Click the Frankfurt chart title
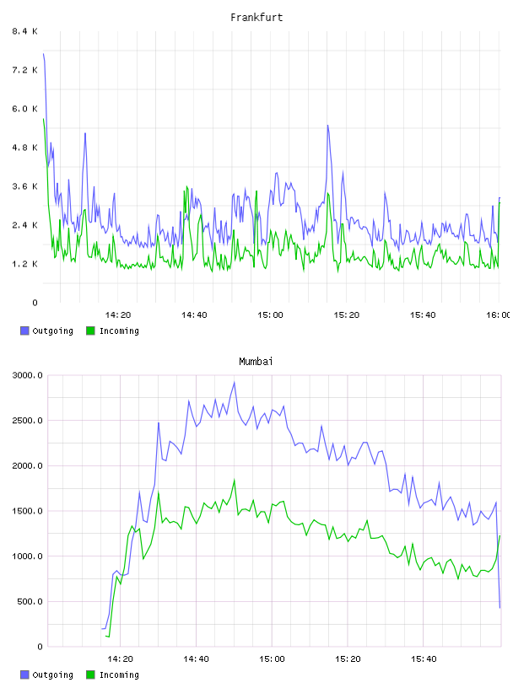(256, 18)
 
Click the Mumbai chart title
(256, 362)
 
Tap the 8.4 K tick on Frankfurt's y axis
(25, 31)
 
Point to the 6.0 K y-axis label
(25, 109)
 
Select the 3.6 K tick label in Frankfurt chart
(25, 186)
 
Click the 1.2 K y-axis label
(25, 264)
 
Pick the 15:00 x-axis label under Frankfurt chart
(270, 315)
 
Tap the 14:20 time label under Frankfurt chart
(118, 315)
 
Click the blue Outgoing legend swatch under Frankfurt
(24, 331)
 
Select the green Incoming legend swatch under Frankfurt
(90, 331)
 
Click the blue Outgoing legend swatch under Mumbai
(24, 675)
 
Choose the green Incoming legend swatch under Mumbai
(90, 675)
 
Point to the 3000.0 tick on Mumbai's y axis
(28, 375)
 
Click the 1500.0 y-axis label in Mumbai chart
(28, 511)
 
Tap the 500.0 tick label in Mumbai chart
(30, 601)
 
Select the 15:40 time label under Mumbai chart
(424, 659)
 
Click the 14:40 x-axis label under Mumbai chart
(196, 659)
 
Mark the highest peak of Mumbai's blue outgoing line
(234, 383)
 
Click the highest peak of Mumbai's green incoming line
(234, 481)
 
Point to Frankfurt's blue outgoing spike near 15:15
(327, 126)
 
